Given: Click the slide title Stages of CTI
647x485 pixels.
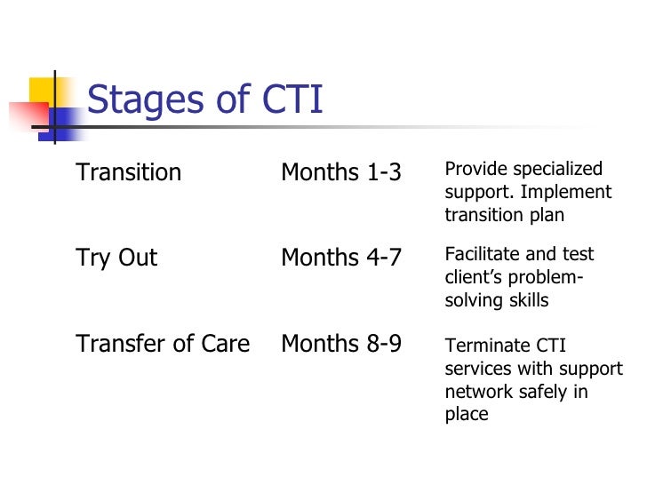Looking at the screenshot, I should tap(205, 100).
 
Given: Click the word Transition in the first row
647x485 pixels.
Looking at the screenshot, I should tap(129, 172).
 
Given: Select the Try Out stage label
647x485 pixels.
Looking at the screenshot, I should tap(116, 258).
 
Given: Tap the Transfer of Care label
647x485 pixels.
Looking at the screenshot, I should tap(163, 345).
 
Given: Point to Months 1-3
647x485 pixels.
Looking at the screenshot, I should tap(341, 172).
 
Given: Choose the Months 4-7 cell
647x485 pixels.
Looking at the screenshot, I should tap(341, 258).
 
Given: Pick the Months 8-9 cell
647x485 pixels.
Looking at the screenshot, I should tap(341, 345).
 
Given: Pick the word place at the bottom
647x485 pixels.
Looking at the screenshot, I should tap(467, 414).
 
